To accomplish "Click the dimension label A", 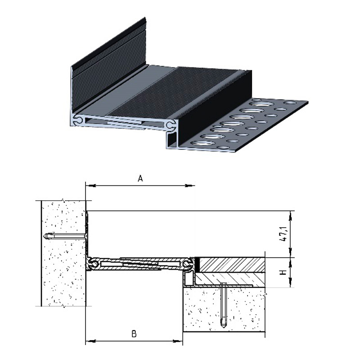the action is pos(140,178).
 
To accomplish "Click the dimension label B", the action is pos(134,333).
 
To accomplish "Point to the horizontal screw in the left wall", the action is pos(65,236).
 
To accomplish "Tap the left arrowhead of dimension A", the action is pos(91,185).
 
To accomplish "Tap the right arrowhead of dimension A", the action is pos(189,185).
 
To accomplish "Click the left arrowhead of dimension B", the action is pos(91,341).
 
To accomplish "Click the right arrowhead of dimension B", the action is pos(178,341).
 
